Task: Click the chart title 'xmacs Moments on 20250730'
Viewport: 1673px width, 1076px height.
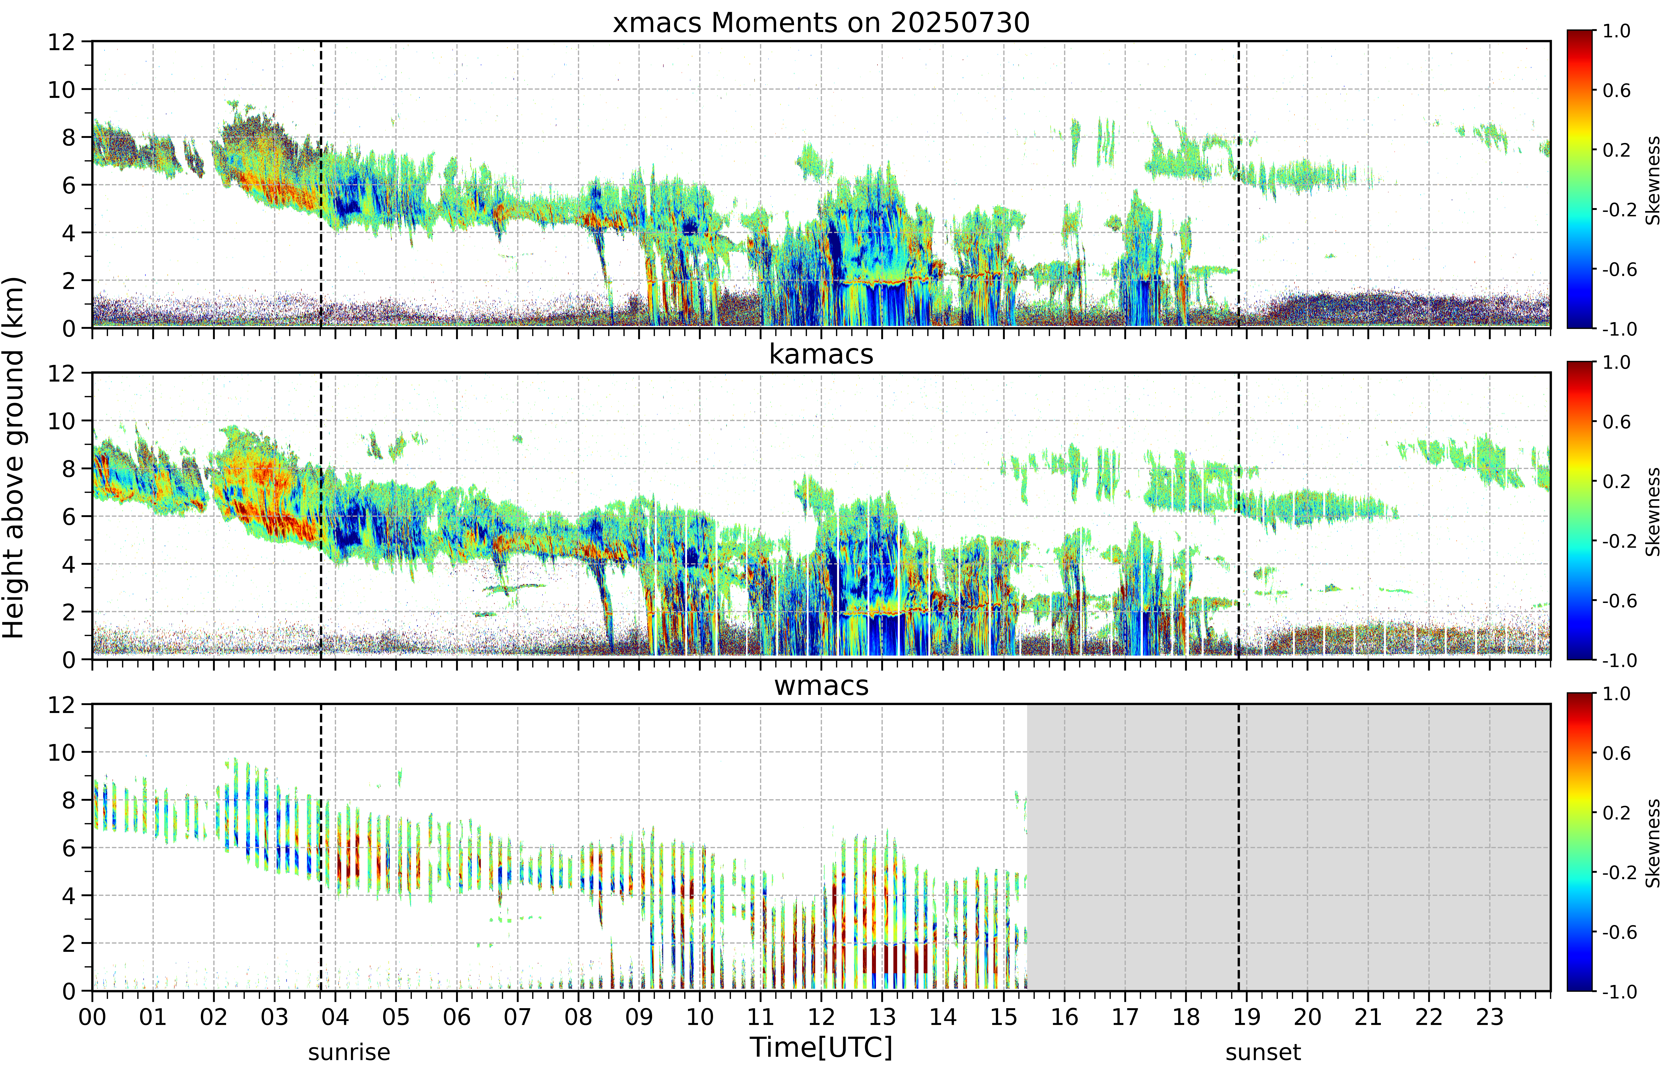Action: pyautogui.click(x=821, y=23)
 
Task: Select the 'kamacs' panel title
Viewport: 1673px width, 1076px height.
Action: pyautogui.click(x=821, y=354)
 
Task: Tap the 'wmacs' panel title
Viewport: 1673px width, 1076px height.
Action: pyautogui.click(x=821, y=685)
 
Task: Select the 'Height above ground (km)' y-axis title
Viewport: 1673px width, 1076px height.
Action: pyautogui.click(x=14, y=458)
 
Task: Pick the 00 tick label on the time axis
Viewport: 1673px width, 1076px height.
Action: pyautogui.click(x=92, y=1017)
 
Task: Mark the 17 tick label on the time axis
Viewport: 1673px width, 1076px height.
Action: pyautogui.click(x=1125, y=1017)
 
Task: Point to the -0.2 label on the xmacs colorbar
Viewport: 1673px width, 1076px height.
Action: pyautogui.click(x=1619, y=210)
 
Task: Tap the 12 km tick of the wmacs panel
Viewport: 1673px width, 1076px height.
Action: pyautogui.click(x=61, y=704)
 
